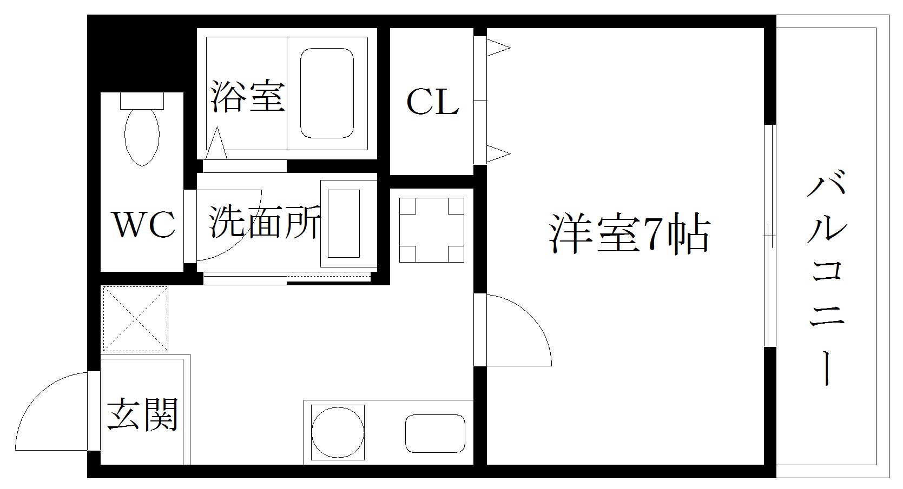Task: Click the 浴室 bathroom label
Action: coord(248,97)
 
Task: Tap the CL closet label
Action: coord(432,102)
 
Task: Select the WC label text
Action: coord(144,224)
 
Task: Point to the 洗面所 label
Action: coord(264,222)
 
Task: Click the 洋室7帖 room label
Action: coord(630,235)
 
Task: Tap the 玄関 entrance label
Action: coord(143,415)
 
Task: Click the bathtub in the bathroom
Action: coord(327,93)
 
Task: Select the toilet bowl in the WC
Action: coord(142,136)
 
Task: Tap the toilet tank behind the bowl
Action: coord(142,101)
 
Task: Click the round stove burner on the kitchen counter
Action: coord(338,432)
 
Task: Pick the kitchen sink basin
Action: coord(435,433)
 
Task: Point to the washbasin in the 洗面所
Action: coord(344,224)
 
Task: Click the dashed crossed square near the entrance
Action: coord(136,318)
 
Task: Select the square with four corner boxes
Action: coord(432,230)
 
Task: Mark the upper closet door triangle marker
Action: coord(498,48)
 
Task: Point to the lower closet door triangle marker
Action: coord(498,154)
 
